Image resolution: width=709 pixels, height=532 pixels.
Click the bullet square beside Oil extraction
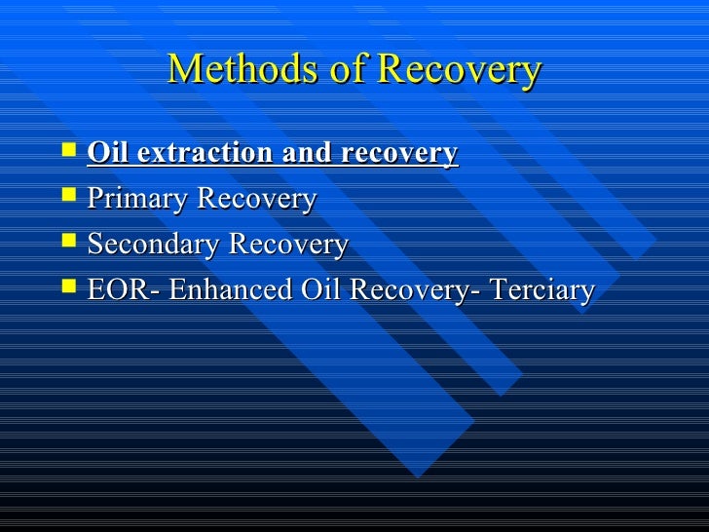[66, 151]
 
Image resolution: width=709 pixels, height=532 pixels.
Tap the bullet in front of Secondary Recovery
[66, 243]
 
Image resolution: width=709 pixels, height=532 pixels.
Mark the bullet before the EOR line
[66, 288]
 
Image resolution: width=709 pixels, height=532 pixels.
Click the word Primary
[138, 200]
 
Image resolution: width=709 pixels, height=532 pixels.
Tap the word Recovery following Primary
[257, 200]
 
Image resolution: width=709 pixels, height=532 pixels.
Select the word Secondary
[153, 245]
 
